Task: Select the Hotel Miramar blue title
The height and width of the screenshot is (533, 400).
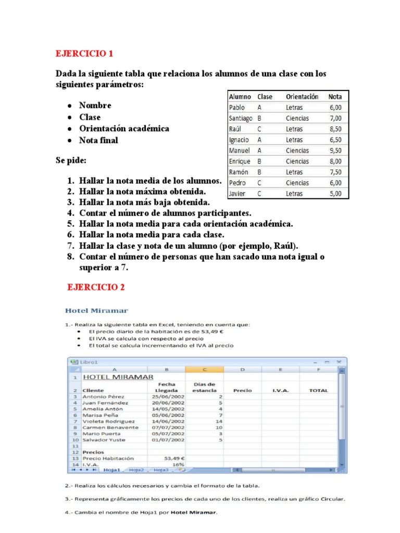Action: [x=96, y=311]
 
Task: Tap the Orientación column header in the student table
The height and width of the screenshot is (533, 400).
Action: [x=302, y=97]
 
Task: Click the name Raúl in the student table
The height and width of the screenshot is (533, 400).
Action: [x=235, y=129]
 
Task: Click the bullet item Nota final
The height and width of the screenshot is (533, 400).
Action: [x=98, y=140]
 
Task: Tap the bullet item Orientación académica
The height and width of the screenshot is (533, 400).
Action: [x=124, y=129]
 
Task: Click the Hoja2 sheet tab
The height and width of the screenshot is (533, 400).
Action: [x=136, y=469]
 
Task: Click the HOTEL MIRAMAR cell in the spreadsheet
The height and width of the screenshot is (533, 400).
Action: [x=118, y=377]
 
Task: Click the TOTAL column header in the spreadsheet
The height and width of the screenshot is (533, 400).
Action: [x=319, y=390]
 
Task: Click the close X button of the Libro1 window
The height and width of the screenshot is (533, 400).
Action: [x=339, y=361]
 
